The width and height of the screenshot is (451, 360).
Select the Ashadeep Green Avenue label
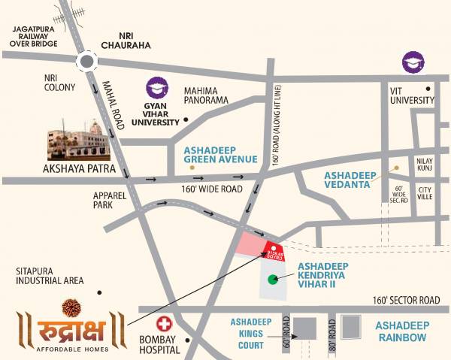pyautogui.click(x=221, y=155)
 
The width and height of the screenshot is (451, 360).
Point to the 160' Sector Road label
pyautogui.click(x=405, y=300)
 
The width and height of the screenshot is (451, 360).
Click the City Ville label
pyautogui.click(x=426, y=194)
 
